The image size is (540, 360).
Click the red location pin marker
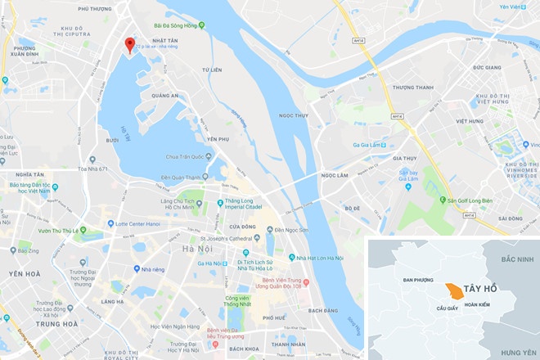(x=128, y=46)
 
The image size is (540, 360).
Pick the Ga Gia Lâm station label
(x=369, y=144)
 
